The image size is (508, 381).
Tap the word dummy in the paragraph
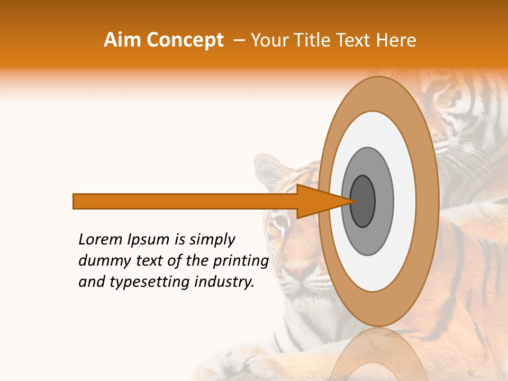pyautogui.click(x=101, y=261)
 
